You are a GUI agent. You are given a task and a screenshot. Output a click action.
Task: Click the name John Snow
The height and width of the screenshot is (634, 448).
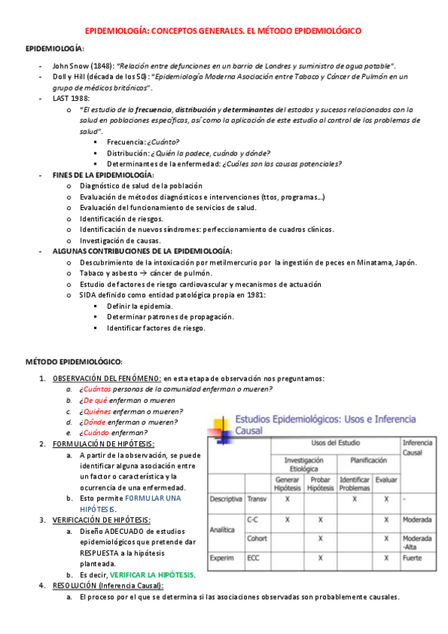coord(70,66)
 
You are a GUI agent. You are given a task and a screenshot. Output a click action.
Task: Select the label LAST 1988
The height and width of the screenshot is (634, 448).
coord(71,98)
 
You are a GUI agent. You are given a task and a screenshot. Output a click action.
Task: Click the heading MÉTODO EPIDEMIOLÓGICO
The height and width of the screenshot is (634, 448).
coord(79,362)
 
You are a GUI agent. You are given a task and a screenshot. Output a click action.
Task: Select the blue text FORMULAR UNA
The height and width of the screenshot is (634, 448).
coord(153,498)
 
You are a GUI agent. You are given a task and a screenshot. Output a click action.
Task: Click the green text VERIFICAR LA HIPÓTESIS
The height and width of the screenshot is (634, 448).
coord(152,575)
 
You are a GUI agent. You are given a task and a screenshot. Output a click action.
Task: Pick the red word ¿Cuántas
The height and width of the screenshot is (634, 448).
coord(96,390)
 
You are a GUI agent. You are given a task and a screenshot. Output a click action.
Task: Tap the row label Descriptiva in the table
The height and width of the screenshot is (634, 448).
coord(226,498)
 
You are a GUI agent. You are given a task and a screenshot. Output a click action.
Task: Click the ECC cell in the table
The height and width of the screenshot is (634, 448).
coord(256,558)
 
